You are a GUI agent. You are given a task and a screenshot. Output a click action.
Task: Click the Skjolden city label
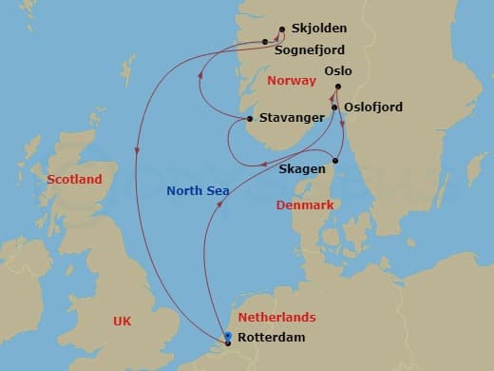pyautogui.click(x=320, y=29)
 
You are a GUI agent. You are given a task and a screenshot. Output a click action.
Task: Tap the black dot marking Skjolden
pyautogui.click(x=283, y=29)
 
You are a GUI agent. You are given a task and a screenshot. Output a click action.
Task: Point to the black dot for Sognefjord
pyautogui.click(x=266, y=42)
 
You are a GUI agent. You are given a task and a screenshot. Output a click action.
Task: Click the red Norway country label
pyautogui.click(x=291, y=81)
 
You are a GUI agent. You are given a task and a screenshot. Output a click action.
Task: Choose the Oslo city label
pyautogui.click(x=337, y=71)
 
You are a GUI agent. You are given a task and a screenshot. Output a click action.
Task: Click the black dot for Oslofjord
pyautogui.click(x=334, y=107)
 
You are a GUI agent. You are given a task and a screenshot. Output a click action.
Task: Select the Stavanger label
pyautogui.click(x=287, y=119)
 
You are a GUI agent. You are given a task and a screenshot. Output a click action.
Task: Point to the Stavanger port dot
pyautogui.click(x=249, y=119)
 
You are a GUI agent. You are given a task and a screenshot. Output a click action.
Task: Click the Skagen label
pyautogui.click(x=303, y=168)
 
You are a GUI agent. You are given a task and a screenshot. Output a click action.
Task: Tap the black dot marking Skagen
pyautogui.click(x=335, y=161)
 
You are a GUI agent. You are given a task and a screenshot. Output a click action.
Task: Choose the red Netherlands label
pyautogui.click(x=276, y=318)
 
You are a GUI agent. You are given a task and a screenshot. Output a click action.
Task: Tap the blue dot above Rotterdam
pyautogui.click(x=228, y=335)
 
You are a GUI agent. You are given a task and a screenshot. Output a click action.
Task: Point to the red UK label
pyautogui.click(x=122, y=322)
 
